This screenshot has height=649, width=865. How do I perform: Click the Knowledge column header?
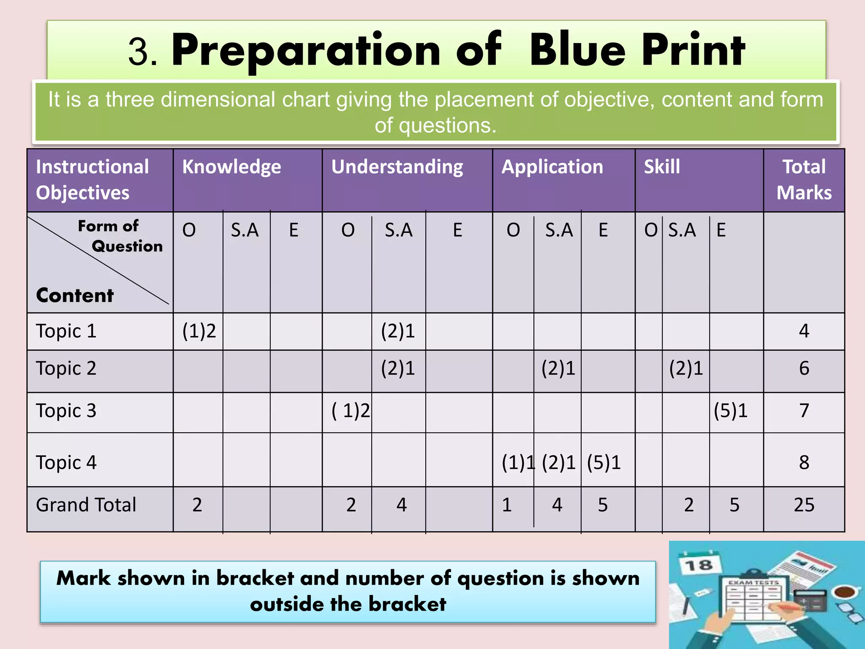[x=231, y=167]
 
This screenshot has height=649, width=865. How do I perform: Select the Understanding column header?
[x=397, y=167]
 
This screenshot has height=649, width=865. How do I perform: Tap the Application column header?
[x=552, y=167]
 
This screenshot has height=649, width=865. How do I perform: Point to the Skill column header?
[x=662, y=167]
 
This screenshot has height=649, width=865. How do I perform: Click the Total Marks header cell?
[x=804, y=180]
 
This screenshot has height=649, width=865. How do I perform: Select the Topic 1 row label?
[x=66, y=331]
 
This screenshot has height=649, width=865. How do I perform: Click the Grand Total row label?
[x=86, y=505]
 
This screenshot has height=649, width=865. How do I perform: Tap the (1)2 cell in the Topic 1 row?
[x=199, y=331]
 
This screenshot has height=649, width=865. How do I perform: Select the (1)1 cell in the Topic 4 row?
[x=518, y=463]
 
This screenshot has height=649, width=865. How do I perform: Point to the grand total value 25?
[x=804, y=505]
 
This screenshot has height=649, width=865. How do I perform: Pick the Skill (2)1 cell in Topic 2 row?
[x=686, y=368]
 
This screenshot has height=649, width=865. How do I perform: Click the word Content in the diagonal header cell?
[x=75, y=295]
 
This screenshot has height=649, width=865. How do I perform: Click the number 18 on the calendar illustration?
[x=698, y=565]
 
